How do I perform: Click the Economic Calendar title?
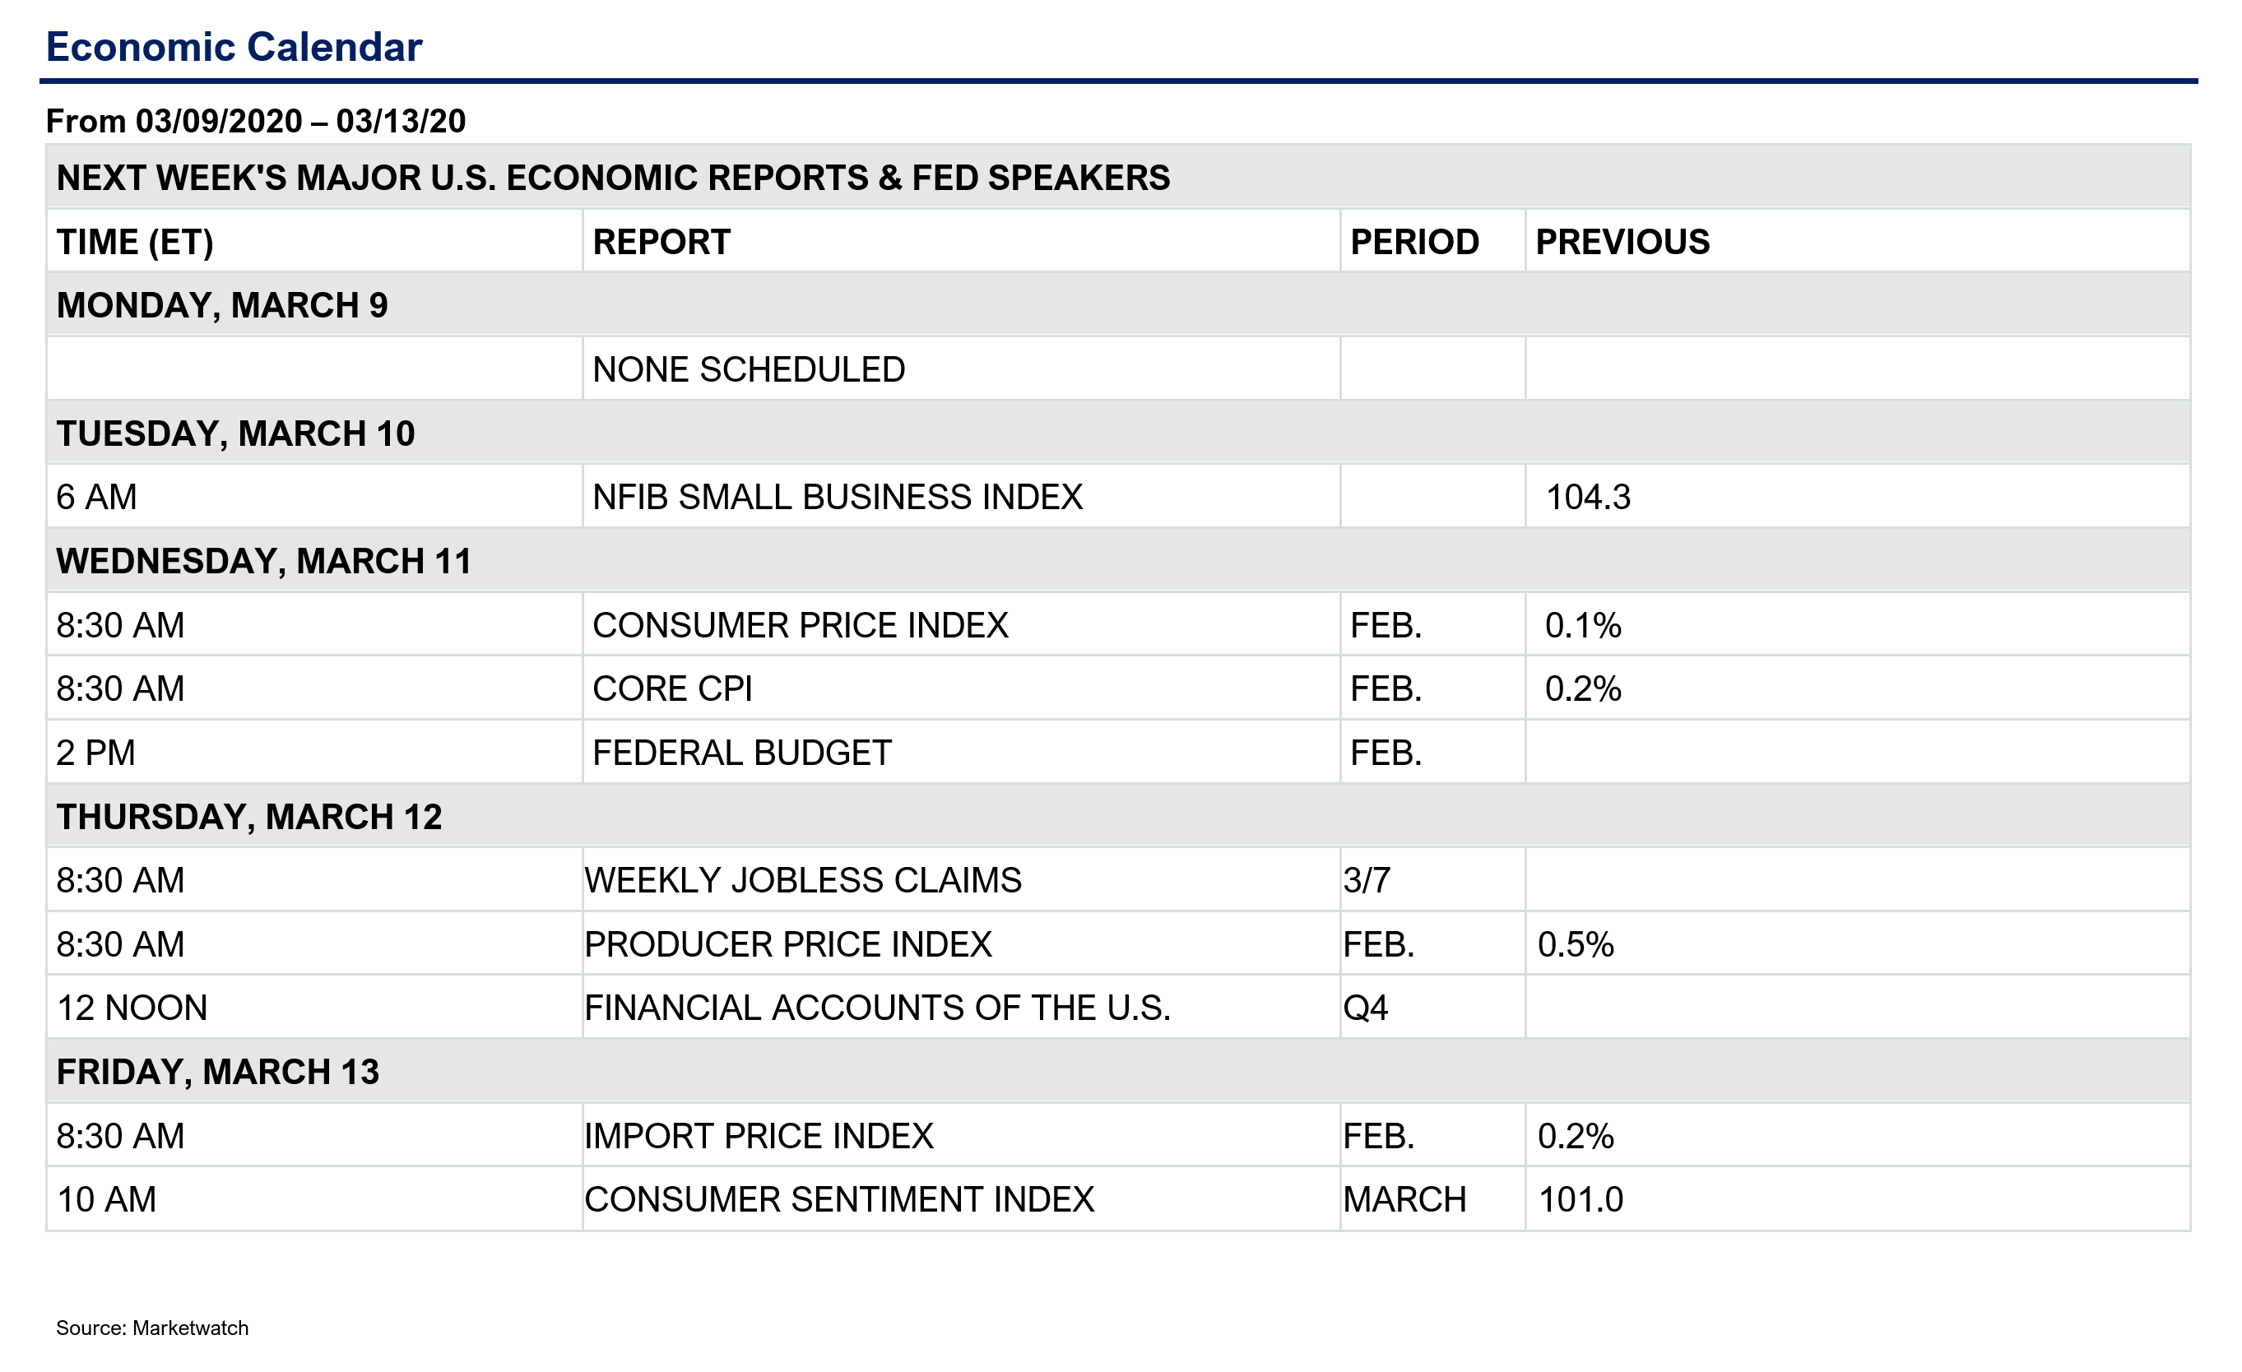pos(234,48)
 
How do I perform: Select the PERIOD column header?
pos(1414,242)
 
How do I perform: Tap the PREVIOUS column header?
pos(1622,242)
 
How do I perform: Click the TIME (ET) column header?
pos(135,243)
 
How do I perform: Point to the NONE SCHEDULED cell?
pos(749,369)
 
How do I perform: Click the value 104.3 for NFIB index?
pos(1589,497)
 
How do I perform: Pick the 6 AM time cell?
pos(96,497)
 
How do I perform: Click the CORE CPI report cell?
pos(672,688)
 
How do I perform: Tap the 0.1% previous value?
pos(1583,625)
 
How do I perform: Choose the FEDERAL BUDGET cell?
pos(741,753)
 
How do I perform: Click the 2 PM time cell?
pos(95,753)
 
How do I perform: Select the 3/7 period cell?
pos(1367,880)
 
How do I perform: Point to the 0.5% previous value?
pos(1576,944)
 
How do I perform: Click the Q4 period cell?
pos(1366,1008)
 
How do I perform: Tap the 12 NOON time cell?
pos(132,1008)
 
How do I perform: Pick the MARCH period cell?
pos(1405,1199)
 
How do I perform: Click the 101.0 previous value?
pos(1581,1199)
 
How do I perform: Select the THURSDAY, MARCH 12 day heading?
pos(249,817)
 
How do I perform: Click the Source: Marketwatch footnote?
pos(152,1328)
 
